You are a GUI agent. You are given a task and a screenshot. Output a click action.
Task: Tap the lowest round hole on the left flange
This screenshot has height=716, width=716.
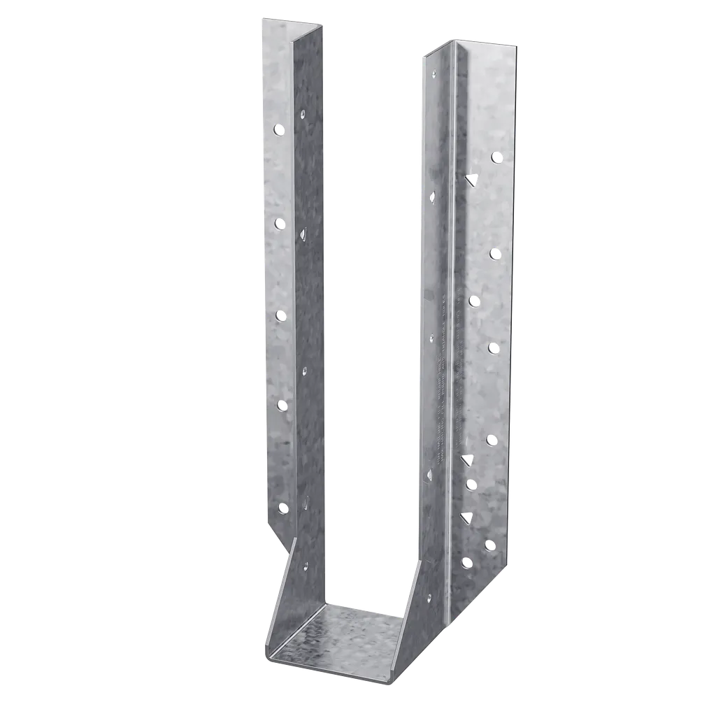click(282, 508)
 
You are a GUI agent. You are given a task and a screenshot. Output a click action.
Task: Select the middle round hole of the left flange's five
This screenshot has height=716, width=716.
click(281, 316)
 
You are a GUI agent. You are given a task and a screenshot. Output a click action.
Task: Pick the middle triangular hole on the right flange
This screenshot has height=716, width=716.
click(466, 459)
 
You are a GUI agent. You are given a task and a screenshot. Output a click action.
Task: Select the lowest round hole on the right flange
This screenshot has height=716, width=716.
click(466, 562)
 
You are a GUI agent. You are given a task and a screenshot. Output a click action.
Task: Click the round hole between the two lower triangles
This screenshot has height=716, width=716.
click(470, 482)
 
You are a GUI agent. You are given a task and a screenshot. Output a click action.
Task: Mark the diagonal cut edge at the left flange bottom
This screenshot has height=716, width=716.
click(281, 543)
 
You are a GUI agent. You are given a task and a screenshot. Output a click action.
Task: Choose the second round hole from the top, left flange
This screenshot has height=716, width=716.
click(280, 223)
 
